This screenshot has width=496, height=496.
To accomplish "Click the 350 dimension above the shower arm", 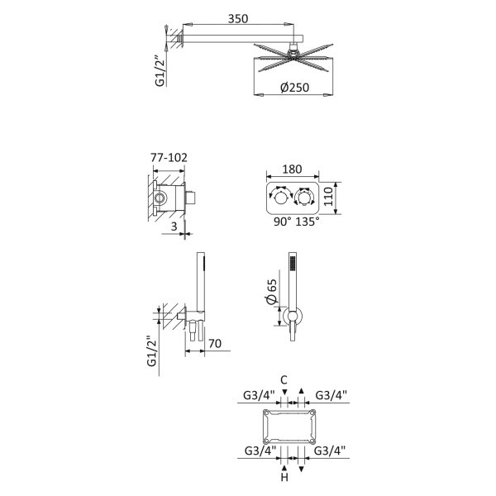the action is (238, 19).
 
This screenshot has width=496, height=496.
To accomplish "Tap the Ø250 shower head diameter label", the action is (294, 88).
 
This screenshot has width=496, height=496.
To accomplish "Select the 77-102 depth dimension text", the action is (169, 157).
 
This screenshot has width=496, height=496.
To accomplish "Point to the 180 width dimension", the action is (292, 169).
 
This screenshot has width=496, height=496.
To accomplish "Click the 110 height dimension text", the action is (329, 197).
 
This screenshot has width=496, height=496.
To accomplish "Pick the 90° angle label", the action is (283, 222).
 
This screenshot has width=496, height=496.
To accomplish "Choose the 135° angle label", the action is (308, 222).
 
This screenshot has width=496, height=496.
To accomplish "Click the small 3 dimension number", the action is (174, 227).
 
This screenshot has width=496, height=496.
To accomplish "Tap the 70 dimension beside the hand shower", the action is (215, 344).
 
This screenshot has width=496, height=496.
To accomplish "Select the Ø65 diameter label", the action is (272, 291).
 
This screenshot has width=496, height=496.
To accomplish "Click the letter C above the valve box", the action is (284, 379).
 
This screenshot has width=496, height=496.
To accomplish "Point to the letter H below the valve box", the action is (284, 477).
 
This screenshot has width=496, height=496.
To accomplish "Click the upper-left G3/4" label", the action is (259, 395).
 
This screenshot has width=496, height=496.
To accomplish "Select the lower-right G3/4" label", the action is (329, 451).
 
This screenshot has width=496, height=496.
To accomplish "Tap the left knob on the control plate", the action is (280, 198).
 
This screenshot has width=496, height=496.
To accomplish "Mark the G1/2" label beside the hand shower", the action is (152, 351).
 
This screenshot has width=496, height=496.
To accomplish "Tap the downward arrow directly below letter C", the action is (285, 392).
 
